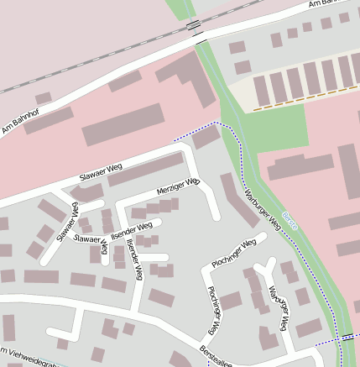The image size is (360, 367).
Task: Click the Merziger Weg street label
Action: point(178,186)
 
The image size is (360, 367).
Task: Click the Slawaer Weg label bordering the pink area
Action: point(102,176)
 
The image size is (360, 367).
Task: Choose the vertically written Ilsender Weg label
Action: point(133,262)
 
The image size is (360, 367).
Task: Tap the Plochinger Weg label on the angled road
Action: point(232,253)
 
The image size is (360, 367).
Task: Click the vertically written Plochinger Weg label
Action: point(215,311)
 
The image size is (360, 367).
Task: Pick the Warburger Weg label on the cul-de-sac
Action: point(279,308)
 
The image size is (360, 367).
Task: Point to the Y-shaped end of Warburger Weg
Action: point(266,267)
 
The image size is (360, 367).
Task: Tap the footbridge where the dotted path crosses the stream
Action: point(347,338)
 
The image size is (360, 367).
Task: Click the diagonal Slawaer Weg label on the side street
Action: point(66,223)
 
